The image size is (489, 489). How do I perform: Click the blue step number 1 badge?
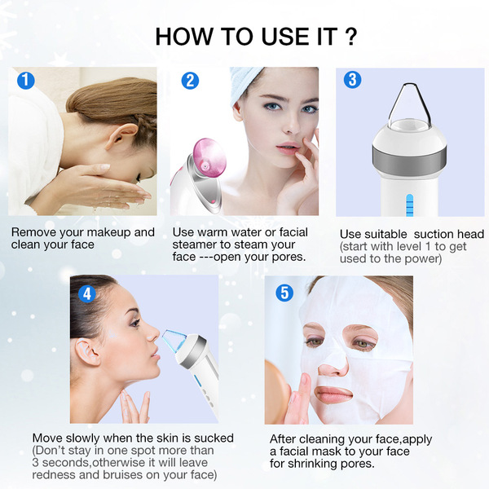[x=25, y=81]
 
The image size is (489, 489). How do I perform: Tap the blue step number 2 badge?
[x=190, y=81]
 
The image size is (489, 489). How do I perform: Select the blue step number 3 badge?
[x=352, y=80]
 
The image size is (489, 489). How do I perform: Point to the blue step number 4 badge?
[x=87, y=294]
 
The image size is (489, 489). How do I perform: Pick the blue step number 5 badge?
[x=284, y=293]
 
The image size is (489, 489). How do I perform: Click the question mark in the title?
[x=351, y=37]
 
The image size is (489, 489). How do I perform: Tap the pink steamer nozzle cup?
[x=208, y=157]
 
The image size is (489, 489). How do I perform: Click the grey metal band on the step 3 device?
[x=409, y=161]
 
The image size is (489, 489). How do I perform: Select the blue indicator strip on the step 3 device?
[x=409, y=205]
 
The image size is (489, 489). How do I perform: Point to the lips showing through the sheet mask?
[x=333, y=394]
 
